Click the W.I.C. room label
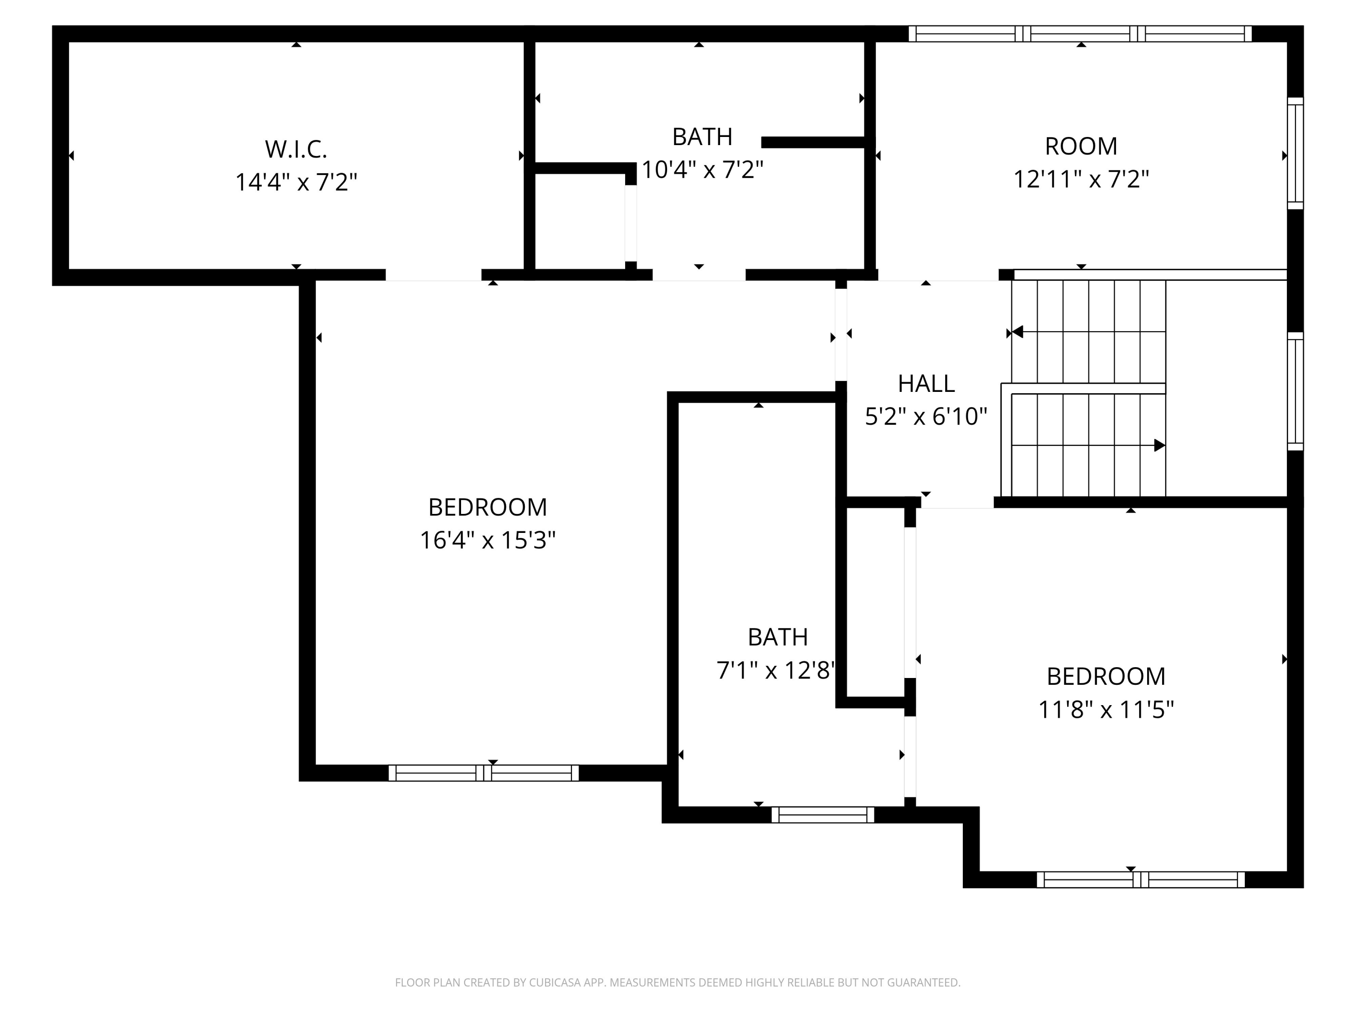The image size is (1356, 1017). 296,149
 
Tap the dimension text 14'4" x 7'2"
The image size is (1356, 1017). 296,182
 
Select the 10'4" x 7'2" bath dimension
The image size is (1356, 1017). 702,170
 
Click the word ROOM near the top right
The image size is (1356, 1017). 1081,146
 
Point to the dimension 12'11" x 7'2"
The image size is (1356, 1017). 1081,179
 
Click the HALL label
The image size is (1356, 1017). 926,384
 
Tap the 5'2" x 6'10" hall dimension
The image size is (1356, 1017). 926,417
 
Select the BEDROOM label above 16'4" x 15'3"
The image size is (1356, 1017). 487,508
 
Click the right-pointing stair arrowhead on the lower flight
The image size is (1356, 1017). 1158,445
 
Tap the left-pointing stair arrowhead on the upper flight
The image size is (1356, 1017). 1017,332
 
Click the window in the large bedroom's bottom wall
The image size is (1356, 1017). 484,773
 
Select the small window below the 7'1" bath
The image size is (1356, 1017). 823,815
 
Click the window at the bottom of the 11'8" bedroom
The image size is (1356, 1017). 1140,880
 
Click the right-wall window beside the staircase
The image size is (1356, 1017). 1295,391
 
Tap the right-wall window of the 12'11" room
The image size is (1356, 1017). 1295,153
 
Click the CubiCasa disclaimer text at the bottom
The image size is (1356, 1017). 678,983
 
